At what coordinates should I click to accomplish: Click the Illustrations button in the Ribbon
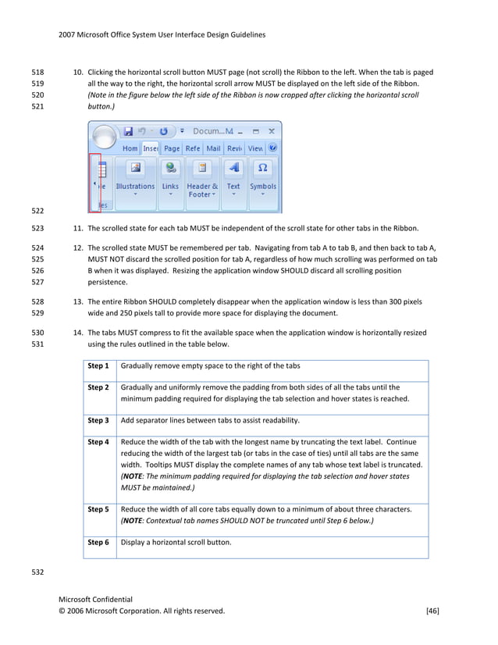[135, 178]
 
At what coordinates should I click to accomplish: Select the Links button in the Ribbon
[170, 178]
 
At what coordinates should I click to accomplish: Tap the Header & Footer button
[202, 180]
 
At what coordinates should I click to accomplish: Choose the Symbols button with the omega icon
[263, 178]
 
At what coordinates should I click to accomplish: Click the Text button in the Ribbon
[233, 178]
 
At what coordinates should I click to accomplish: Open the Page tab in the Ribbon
[172, 148]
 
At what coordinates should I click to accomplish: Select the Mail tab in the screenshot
[213, 148]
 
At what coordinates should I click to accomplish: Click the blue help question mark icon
[272, 148]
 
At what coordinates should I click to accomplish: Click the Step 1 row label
[98, 365]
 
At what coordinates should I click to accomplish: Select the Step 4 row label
[98, 442]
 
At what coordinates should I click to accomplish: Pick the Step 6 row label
[98, 542]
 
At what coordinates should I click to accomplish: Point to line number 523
[37, 229]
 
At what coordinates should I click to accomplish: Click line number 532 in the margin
[37, 572]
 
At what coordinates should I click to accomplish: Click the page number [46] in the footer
[432, 611]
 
